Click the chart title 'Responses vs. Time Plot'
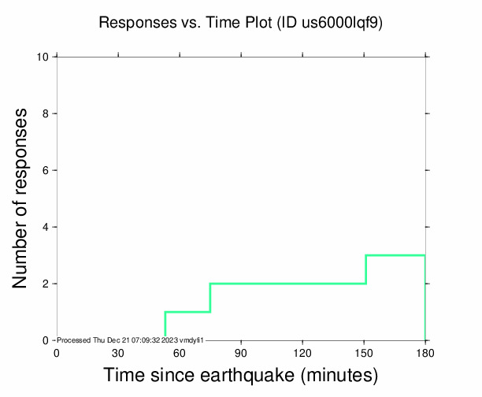coord(186,23)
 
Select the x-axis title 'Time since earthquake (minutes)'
coord(241,375)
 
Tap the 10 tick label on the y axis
coord(43,58)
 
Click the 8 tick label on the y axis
coord(46,114)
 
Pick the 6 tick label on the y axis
coord(46,171)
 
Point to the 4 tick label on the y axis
coord(46,228)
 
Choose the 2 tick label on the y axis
coord(46,284)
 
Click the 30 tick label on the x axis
coord(118,354)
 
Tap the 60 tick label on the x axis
coord(180,354)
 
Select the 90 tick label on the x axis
coord(241,354)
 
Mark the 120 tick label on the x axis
coord(302,354)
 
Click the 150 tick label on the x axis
coord(364,354)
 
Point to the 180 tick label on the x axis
coord(425,354)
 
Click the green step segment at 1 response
coord(187,312)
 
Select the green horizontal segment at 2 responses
coord(287,284)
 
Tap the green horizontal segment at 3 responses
coord(395,255)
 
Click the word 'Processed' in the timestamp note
coord(76,340)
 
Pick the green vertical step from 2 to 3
coord(366,269)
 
